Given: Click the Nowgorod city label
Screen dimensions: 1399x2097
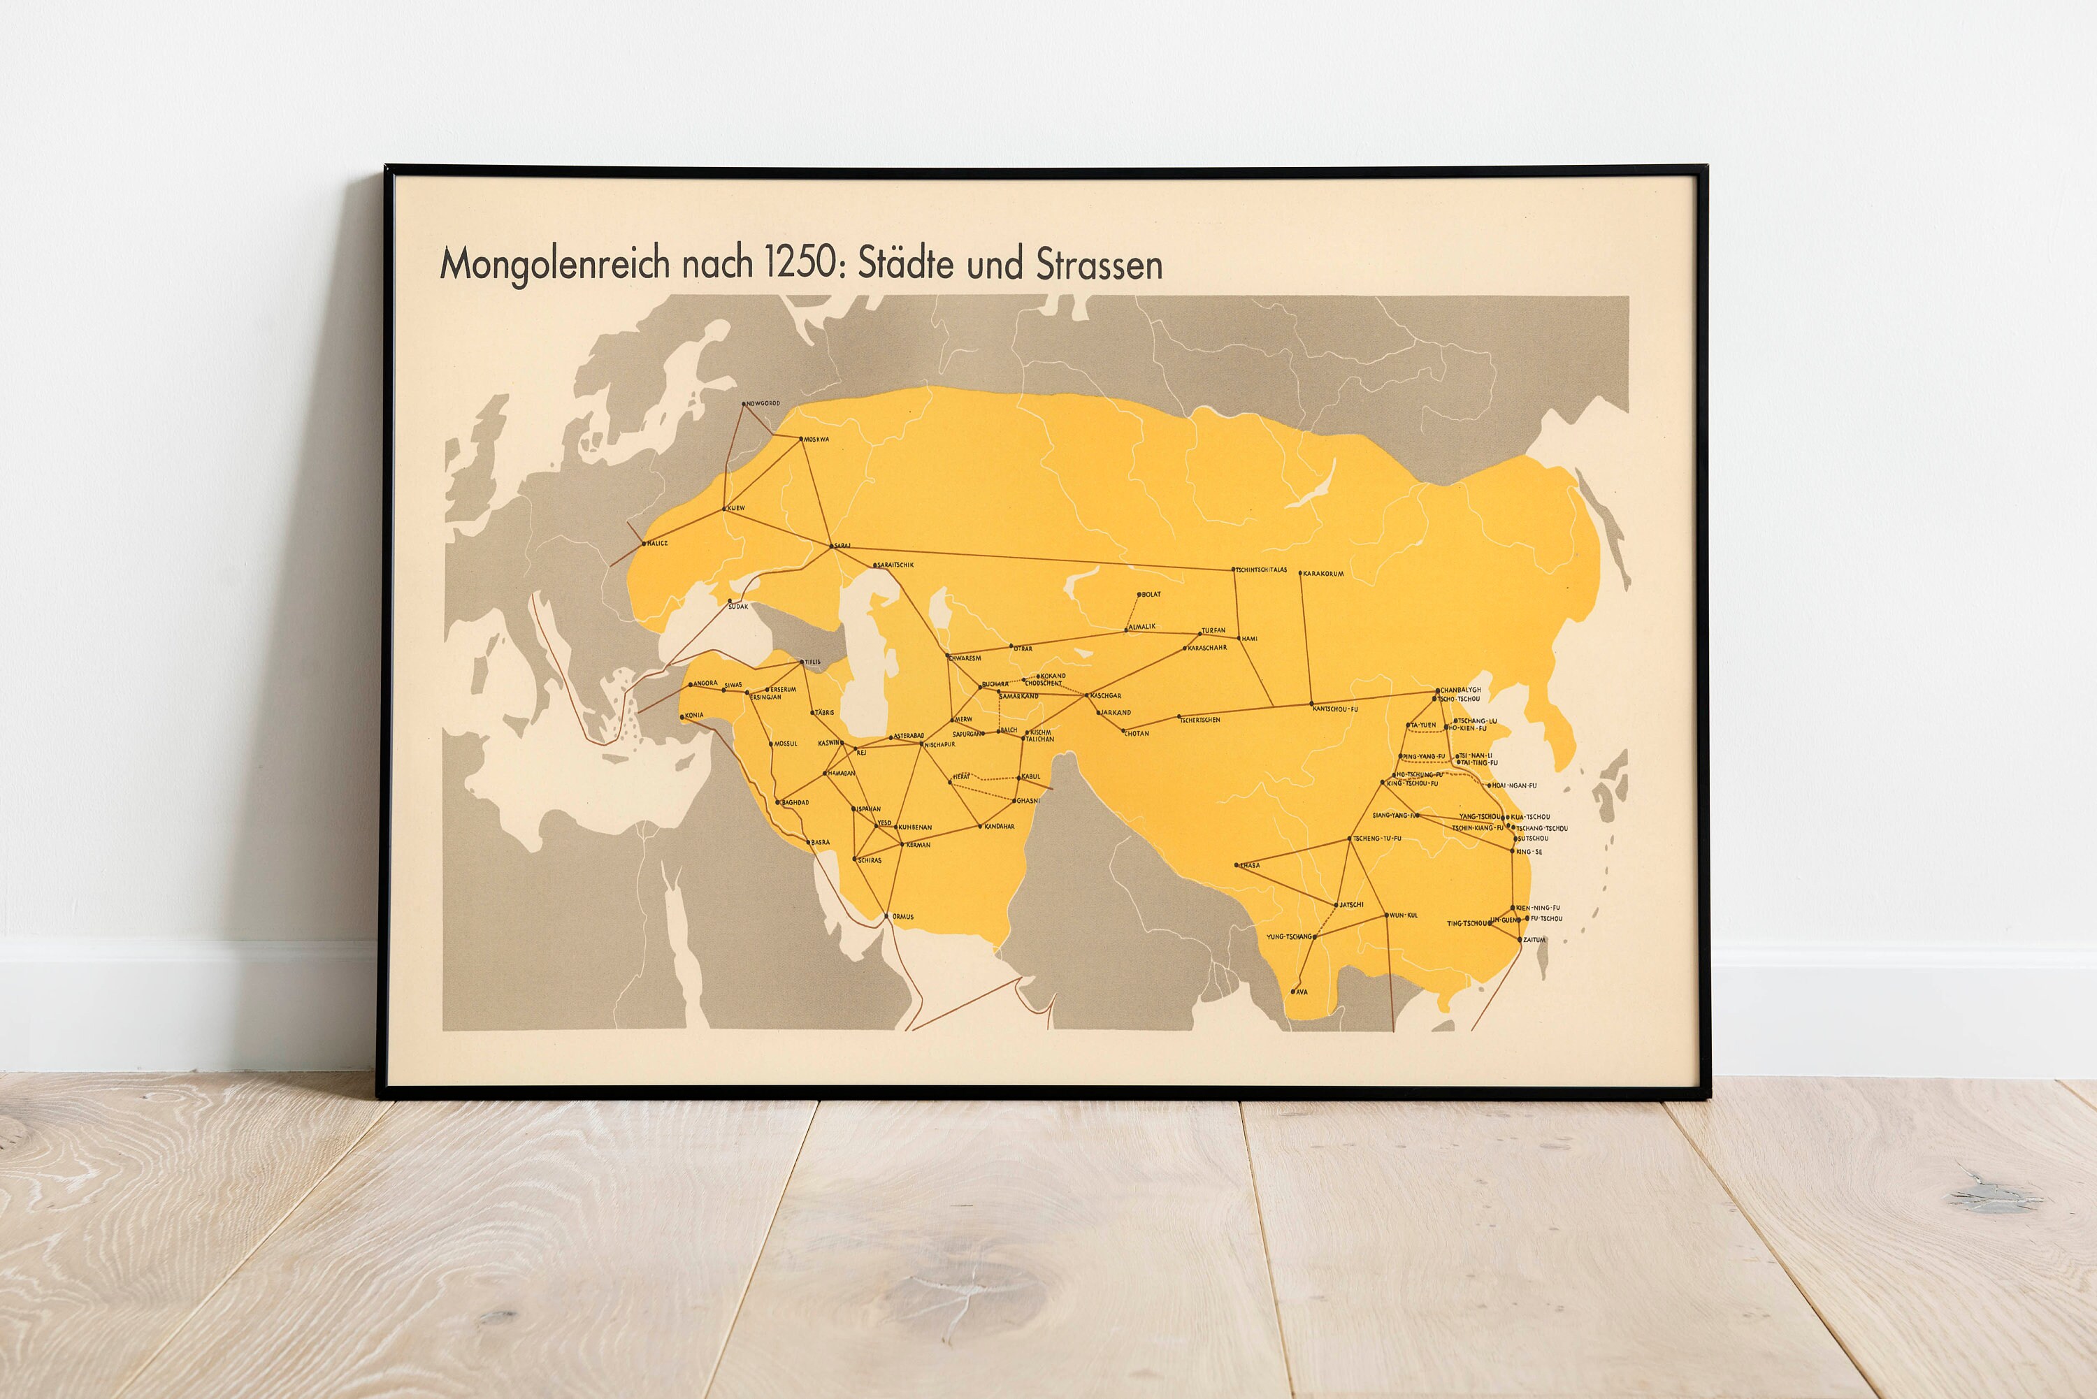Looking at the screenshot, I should coord(764,403).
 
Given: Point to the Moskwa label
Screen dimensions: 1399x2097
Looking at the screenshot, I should coord(816,439).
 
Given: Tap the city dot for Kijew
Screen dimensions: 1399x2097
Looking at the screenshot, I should coord(723,509).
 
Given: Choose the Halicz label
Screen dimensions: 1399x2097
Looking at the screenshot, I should coord(657,542).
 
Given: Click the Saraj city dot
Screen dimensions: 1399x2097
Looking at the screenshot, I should coord(832,546).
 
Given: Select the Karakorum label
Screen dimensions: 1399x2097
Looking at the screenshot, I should coord(1323,574).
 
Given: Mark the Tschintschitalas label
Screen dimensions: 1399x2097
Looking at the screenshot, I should coord(1262,570).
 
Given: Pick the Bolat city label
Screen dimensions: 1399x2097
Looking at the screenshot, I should coord(1151,594).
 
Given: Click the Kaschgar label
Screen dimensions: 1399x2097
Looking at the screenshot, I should coord(1107,695).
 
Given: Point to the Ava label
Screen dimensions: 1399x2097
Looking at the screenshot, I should coord(1302,992).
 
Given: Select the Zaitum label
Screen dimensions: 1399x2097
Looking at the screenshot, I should coord(1534,939).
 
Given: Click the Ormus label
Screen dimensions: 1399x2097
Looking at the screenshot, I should coord(902,916).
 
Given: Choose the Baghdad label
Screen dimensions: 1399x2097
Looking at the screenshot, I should coord(795,802).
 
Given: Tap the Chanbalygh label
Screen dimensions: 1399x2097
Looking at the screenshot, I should coord(1461,690).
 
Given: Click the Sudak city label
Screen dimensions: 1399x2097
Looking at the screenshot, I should coord(738,607).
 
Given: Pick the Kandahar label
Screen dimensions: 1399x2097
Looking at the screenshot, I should coord(1000,826).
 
